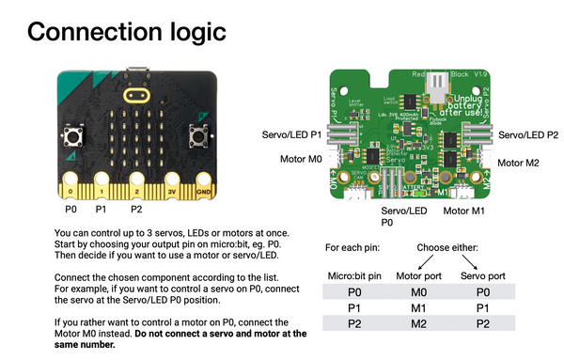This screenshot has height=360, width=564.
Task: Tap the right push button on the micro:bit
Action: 198,135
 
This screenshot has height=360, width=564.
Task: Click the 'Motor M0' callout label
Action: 301,160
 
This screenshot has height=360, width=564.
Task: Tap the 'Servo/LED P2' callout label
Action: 528,136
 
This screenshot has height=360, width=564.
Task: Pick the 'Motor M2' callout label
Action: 519,163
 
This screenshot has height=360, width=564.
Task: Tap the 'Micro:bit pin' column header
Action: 353,275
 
